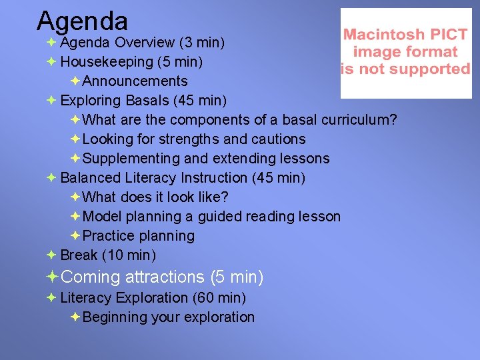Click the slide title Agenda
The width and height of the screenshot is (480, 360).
click(82, 21)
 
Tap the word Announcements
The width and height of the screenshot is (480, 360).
click(135, 81)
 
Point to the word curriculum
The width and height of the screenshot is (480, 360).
click(359, 120)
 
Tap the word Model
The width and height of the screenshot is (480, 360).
click(103, 217)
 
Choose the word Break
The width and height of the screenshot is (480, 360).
click(79, 255)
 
